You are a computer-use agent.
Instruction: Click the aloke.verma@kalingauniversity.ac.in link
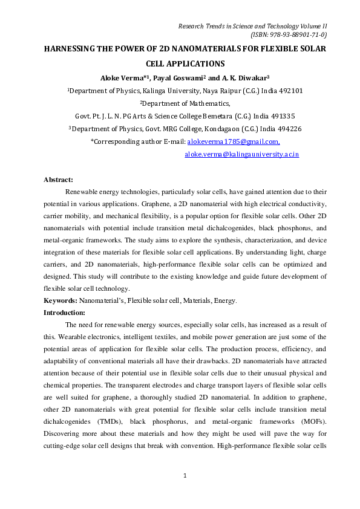(241, 154)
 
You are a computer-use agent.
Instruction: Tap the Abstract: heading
(58, 180)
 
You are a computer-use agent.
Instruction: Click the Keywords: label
(60, 300)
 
